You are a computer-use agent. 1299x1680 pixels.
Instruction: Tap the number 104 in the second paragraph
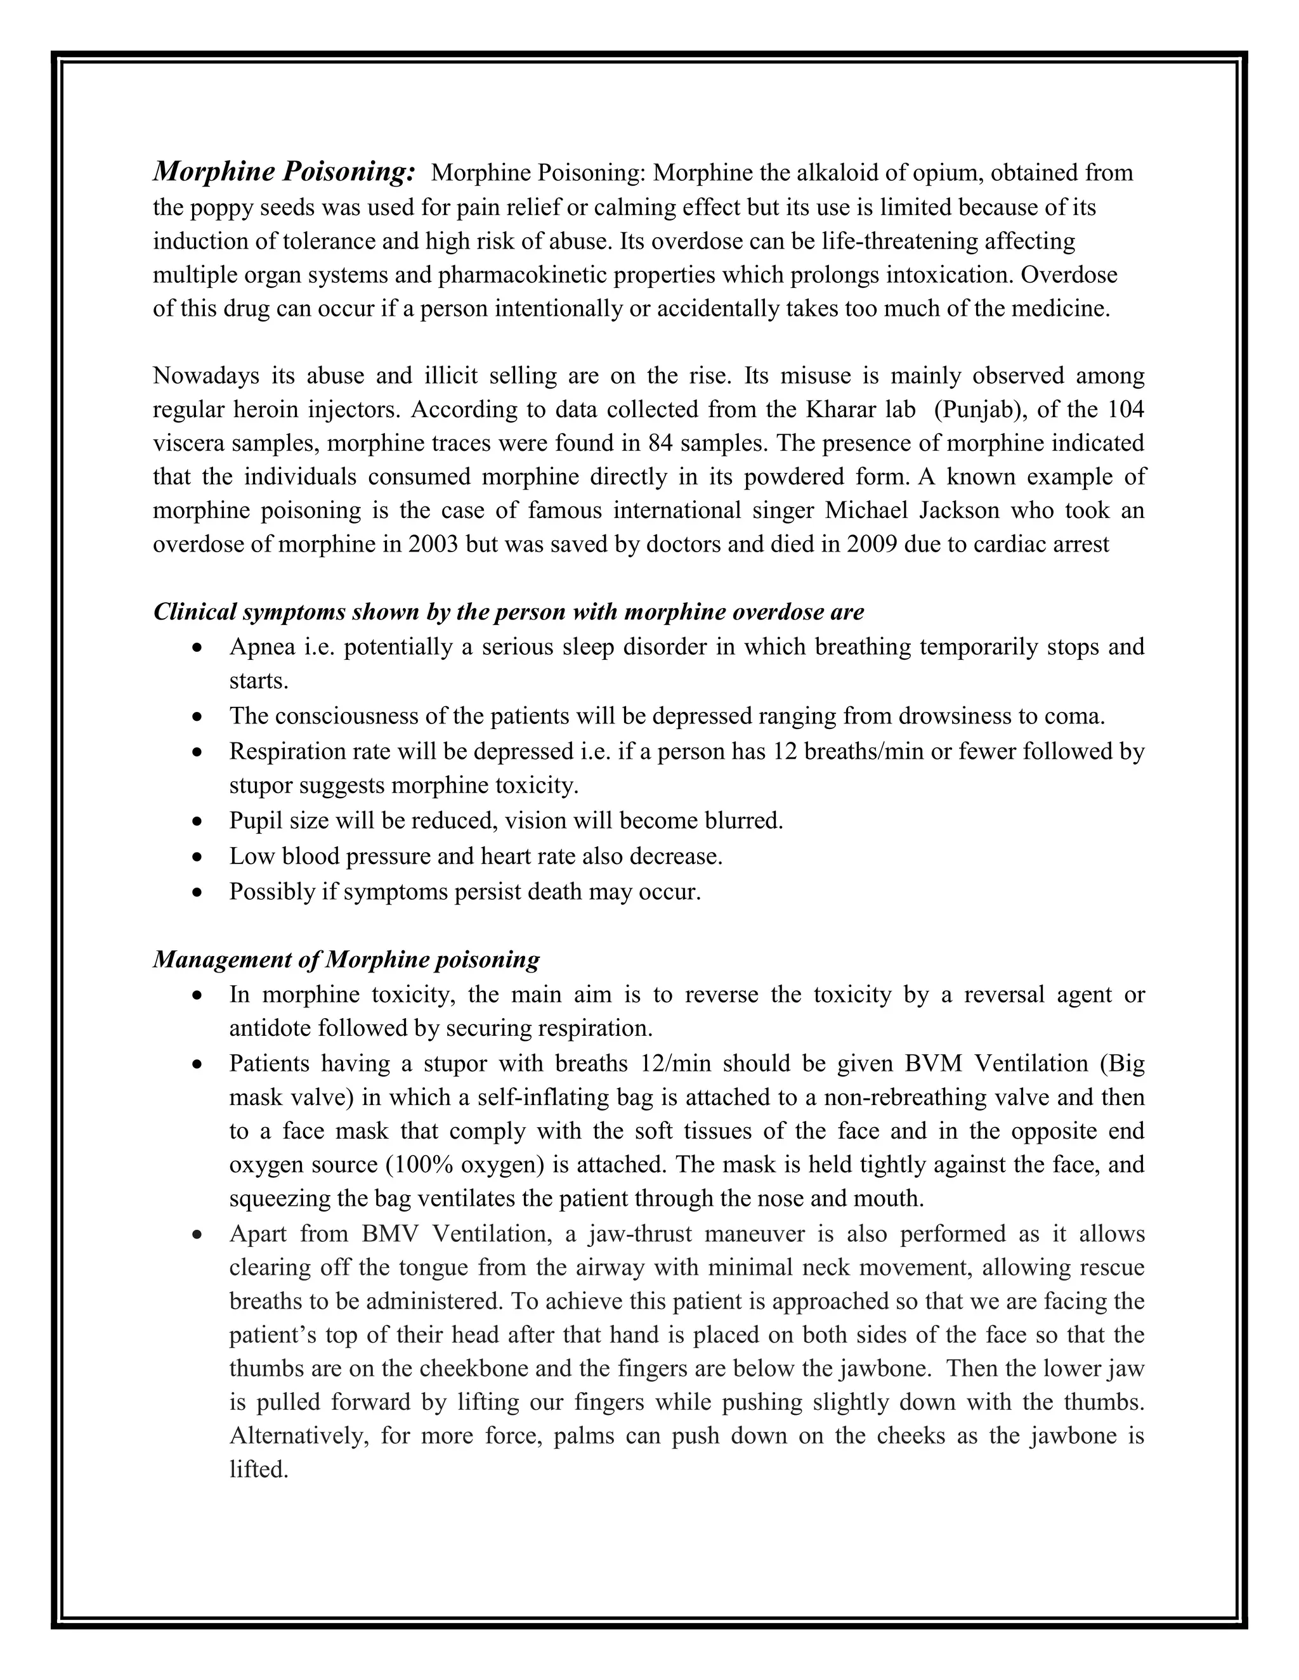pos(1125,410)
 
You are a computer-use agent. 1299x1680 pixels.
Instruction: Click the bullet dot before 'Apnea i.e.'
pos(198,648)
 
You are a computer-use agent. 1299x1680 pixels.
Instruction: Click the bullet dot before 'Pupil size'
pos(198,822)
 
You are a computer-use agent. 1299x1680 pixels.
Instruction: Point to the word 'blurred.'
pos(743,821)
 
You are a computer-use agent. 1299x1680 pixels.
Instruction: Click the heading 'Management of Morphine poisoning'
pos(346,960)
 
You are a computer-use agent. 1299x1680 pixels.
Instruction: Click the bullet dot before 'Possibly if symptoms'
pos(198,893)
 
